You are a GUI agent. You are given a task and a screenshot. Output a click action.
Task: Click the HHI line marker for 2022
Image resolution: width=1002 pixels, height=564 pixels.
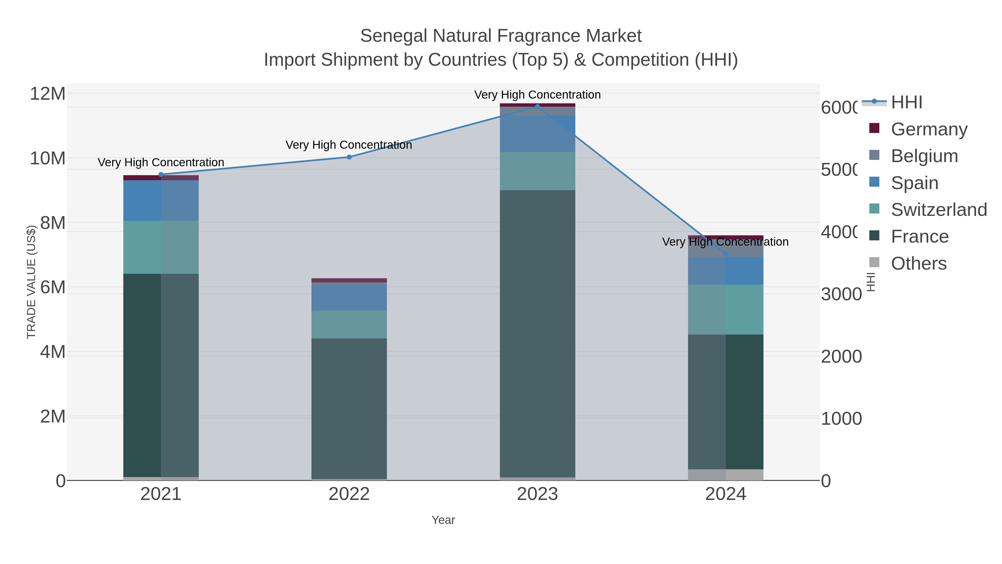[349, 157]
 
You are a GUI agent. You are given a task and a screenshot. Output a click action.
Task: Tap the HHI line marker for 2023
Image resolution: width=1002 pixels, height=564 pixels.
[537, 106]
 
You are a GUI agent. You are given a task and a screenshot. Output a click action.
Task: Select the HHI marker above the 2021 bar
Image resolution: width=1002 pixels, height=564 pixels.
[161, 175]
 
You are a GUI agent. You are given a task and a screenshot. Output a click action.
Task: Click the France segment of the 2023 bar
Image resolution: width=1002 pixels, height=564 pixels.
[537, 334]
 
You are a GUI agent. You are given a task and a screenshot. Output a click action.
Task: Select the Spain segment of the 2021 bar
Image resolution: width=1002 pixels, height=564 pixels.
[161, 201]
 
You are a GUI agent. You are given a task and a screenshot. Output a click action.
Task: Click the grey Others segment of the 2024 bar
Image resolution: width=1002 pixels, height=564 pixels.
[725, 475]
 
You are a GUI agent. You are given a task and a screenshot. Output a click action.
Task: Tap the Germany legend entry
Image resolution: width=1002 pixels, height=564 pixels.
[929, 129]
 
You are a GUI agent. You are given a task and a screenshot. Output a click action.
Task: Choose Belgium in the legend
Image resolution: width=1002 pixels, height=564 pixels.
[924, 156]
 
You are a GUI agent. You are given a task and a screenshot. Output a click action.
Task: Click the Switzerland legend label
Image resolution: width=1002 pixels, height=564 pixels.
[939, 210]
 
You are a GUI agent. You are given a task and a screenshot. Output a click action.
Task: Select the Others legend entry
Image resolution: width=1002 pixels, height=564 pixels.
[918, 263]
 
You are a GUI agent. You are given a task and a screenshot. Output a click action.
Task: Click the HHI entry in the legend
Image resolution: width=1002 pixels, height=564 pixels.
[906, 102]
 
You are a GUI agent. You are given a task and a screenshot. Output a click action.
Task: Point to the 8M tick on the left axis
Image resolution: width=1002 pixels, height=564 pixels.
[53, 223]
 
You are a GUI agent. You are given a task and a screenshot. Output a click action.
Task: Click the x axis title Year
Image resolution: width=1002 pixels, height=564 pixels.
[443, 520]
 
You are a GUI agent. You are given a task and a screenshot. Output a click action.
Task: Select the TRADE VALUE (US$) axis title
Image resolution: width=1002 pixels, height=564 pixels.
[31, 282]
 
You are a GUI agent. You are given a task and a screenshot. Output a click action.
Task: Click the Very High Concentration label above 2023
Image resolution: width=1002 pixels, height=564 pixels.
[537, 95]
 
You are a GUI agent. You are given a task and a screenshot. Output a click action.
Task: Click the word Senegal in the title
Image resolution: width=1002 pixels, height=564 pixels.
[393, 36]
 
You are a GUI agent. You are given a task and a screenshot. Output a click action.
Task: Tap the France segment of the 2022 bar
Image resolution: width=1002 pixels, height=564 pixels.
[349, 409]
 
